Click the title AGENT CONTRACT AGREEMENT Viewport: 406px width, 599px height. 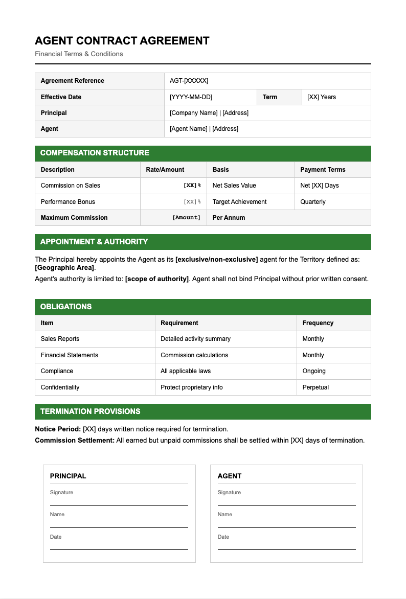(122, 41)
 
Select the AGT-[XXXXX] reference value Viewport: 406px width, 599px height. (189, 81)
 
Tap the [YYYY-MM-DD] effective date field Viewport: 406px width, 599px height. (191, 97)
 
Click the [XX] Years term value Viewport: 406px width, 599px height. (322, 97)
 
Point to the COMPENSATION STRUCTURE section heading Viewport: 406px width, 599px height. (95, 153)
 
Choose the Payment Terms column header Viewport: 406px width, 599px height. (323, 170)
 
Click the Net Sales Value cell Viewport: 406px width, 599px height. (234, 186)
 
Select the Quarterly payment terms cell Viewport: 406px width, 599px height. (313, 202)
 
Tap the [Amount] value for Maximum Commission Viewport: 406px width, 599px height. (186, 218)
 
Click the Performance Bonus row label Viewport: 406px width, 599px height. (67, 202)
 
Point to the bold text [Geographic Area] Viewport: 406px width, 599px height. (64, 268)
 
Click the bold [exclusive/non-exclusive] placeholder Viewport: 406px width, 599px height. (216, 260)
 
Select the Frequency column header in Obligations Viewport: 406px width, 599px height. (318, 323)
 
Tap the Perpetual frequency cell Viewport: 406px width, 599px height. (315, 387)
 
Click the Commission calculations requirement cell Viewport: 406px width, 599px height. (194, 355)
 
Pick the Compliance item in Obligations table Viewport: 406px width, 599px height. (57, 371)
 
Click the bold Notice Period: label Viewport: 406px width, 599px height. (58, 429)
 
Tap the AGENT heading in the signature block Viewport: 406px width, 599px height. (230, 476)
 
